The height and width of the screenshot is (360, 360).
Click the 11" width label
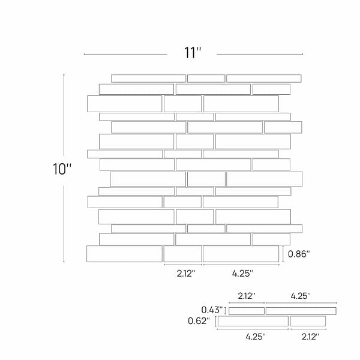(x=192, y=53)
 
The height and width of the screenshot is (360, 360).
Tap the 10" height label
(x=61, y=169)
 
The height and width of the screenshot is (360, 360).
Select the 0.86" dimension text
(x=298, y=254)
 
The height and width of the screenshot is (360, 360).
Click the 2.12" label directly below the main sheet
(x=185, y=274)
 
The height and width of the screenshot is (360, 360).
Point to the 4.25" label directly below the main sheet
(x=242, y=274)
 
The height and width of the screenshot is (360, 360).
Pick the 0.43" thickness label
(x=212, y=310)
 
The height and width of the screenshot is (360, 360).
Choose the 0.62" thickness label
(x=199, y=321)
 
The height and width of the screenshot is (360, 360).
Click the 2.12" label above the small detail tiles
(x=247, y=296)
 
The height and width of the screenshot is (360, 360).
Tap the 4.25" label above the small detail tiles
(x=301, y=296)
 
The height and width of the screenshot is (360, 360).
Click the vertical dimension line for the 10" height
(x=64, y=168)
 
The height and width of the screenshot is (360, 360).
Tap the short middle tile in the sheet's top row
(x=206, y=78)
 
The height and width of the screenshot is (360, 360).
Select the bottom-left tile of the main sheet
(x=124, y=254)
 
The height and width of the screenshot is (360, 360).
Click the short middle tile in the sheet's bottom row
(x=182, y=254)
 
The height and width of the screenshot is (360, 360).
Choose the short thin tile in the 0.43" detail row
(x=246, y=311)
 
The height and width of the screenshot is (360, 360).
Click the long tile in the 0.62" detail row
(x=253, y=321)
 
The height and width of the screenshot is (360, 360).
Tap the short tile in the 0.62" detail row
(x=307, y=321)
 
